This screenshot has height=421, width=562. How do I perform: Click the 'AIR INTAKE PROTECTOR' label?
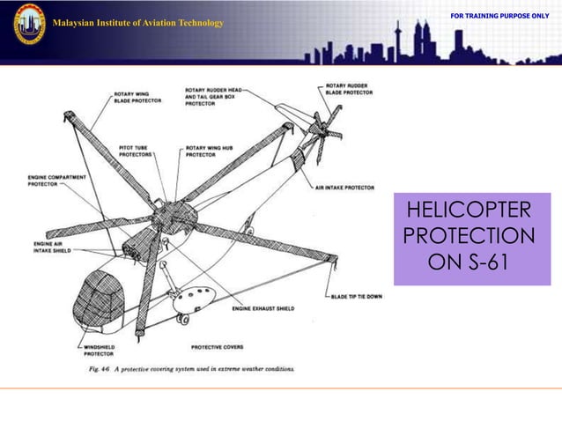pyautogui.click(x=344, y=188)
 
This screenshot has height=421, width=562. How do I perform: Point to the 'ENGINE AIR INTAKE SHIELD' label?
pyautogui.click(x=54, y=246)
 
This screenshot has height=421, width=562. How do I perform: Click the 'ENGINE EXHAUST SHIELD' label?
pyautogui.click(x=263, y=309)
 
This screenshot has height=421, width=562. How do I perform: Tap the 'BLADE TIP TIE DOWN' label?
pyautogui.click(x=357, y=297)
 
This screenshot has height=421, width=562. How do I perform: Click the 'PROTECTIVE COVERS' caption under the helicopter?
pyautogui.click(x=218, y=347)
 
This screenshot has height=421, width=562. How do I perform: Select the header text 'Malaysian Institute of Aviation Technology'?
pyautogui.click(x=137, y=22)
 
